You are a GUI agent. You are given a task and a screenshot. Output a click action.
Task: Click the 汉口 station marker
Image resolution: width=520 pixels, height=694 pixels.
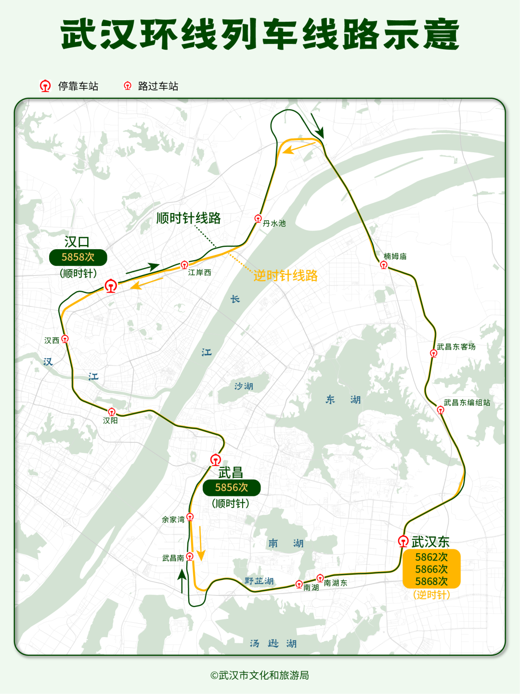111,286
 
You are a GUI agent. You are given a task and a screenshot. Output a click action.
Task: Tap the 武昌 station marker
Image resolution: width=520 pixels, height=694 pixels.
216,459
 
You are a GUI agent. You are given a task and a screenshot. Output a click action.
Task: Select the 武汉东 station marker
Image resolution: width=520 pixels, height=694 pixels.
403,541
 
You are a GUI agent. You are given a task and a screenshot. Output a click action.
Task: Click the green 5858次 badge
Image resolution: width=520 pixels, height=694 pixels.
78,257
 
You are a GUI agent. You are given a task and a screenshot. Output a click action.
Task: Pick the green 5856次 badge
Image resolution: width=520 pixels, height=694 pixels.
232,488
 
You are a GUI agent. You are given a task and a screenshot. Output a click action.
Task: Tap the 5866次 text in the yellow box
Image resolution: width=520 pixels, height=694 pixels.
431,569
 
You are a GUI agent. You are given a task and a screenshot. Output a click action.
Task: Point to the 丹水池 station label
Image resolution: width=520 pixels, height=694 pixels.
274,223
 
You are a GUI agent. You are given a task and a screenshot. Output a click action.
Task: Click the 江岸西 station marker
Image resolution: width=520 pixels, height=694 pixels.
184,265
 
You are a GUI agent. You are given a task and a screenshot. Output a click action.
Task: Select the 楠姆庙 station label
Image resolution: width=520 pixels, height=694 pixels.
395,256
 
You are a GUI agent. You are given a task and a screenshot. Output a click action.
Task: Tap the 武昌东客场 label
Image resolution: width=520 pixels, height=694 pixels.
456,347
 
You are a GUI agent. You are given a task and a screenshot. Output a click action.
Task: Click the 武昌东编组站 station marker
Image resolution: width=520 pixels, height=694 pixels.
440,410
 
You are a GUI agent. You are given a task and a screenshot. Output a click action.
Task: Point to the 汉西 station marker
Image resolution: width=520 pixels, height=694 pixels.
65,339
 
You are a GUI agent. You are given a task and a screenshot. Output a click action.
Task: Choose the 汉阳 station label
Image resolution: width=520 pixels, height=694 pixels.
110,421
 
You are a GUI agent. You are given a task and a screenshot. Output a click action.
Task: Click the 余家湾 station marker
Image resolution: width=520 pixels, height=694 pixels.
190,517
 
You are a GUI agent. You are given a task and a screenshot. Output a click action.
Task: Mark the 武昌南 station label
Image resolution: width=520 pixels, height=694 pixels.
173,558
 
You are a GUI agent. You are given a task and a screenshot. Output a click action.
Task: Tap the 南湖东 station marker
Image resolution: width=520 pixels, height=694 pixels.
320,578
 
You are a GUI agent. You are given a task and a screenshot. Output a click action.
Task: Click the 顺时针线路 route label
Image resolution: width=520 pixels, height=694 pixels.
189,218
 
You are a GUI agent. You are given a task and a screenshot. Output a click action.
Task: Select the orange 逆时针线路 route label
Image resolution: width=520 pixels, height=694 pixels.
286,276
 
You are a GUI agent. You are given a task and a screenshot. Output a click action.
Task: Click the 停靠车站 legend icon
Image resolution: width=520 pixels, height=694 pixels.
45,86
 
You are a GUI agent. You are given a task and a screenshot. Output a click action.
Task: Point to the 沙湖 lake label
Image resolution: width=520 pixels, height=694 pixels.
244,386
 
